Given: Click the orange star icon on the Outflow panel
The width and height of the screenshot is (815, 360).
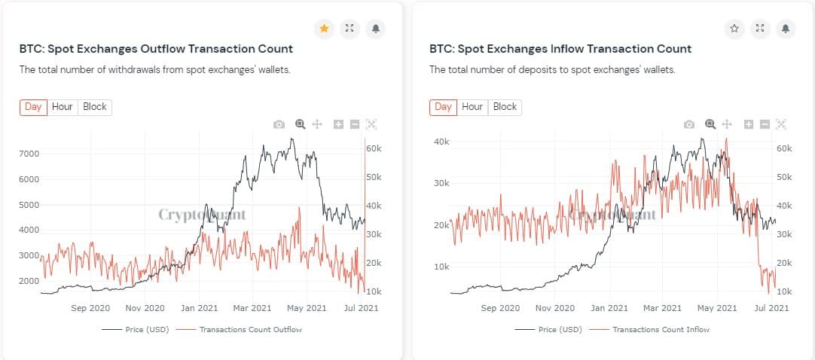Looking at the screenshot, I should click(324, 29).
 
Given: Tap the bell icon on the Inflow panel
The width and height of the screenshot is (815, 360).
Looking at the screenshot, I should click(785, 29).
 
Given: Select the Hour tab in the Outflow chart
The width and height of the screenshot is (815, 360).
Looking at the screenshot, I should click(63, 107).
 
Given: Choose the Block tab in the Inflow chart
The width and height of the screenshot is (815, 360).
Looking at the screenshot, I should click(505, 107).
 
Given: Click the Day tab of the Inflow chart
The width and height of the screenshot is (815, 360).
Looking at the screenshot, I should click(443, 107).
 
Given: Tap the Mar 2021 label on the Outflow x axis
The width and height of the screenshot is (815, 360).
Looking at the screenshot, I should click(252, 308).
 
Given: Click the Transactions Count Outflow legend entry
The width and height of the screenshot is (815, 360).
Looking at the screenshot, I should click(250, 330).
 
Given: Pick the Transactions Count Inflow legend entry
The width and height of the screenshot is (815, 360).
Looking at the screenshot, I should click(661, 330).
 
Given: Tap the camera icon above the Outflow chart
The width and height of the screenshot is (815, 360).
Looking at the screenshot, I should click(279, 124).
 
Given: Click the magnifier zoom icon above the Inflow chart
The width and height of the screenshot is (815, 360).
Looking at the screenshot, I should click(710, 124).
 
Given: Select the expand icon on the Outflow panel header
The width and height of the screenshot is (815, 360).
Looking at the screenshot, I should click(350, 29).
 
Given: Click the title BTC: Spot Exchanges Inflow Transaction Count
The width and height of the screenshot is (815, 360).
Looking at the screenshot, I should click(560, 49).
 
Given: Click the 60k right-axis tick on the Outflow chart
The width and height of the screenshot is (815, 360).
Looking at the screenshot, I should click(374, 148).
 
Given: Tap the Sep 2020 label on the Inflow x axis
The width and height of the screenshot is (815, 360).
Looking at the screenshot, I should click(500, 308).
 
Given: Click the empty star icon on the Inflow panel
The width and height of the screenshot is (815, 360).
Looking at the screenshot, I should click(734, 29).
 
